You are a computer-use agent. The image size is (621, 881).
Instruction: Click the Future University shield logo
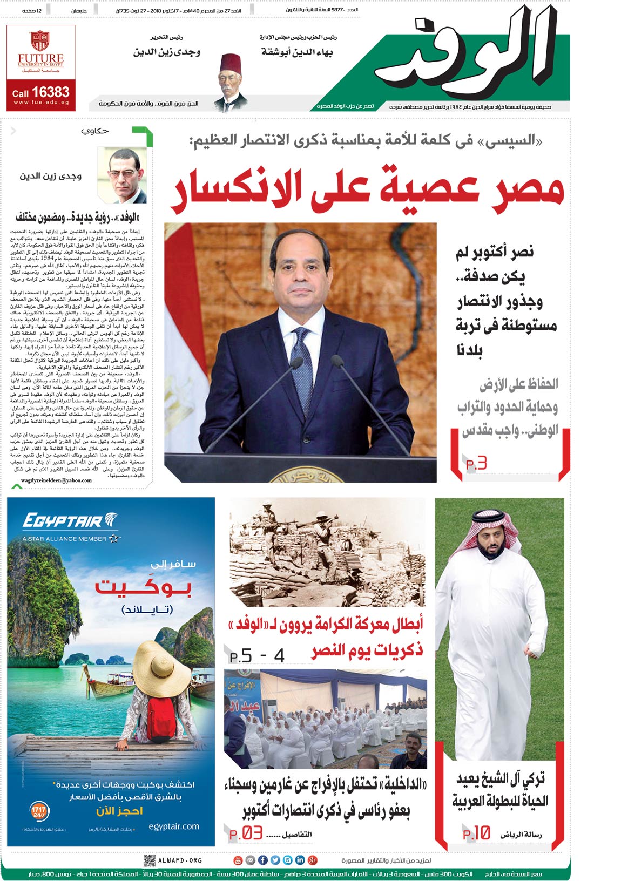41,40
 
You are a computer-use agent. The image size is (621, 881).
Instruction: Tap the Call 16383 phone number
41,92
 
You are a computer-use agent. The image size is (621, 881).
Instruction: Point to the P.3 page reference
476,463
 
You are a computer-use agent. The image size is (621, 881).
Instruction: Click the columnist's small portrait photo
122,174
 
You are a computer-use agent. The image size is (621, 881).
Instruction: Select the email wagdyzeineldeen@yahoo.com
56,480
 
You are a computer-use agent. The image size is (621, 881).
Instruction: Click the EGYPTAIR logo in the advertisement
69,521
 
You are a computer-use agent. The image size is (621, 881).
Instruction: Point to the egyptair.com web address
173,826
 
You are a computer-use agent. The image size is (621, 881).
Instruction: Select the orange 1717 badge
39,811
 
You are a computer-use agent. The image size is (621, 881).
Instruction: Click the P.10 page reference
476,833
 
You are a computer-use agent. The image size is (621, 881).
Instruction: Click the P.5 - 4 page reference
257,656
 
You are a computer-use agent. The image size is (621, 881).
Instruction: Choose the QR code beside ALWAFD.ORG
150,860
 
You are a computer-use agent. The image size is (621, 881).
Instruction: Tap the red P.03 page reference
246,833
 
